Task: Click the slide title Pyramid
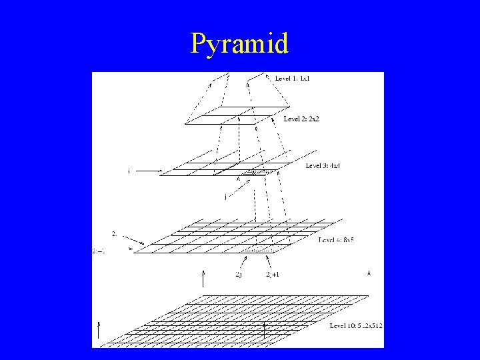239,44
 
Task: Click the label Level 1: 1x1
293,79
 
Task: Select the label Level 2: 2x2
302,119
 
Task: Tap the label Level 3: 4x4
323,165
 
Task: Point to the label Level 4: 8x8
336,239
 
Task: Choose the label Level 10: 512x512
356,325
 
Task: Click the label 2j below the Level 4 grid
239,274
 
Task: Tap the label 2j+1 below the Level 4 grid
272,274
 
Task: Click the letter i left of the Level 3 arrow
129,171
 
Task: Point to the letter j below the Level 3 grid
226,197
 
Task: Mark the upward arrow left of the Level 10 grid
99,330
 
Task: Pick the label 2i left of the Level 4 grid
115,233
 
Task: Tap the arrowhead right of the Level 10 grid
369,273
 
